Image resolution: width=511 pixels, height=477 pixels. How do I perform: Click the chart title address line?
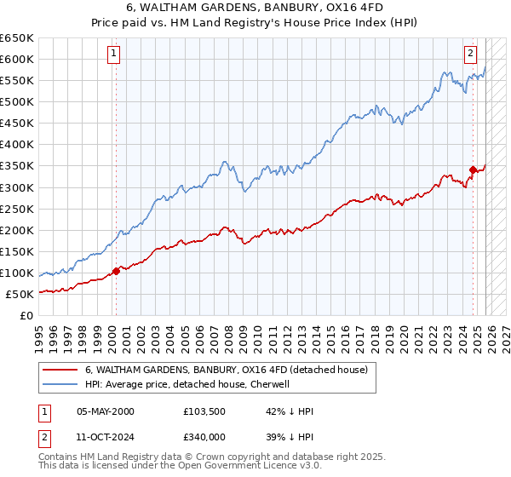coord(255,8)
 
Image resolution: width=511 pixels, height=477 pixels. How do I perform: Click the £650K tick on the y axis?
coord(17,38)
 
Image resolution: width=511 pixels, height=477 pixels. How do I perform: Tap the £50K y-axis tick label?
coord(20,294)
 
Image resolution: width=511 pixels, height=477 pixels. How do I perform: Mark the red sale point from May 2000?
coord(116,271)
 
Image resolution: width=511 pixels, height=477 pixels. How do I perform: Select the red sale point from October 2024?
coord(473,170)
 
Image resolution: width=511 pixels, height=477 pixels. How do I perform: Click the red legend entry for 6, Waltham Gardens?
coord(226,370)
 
